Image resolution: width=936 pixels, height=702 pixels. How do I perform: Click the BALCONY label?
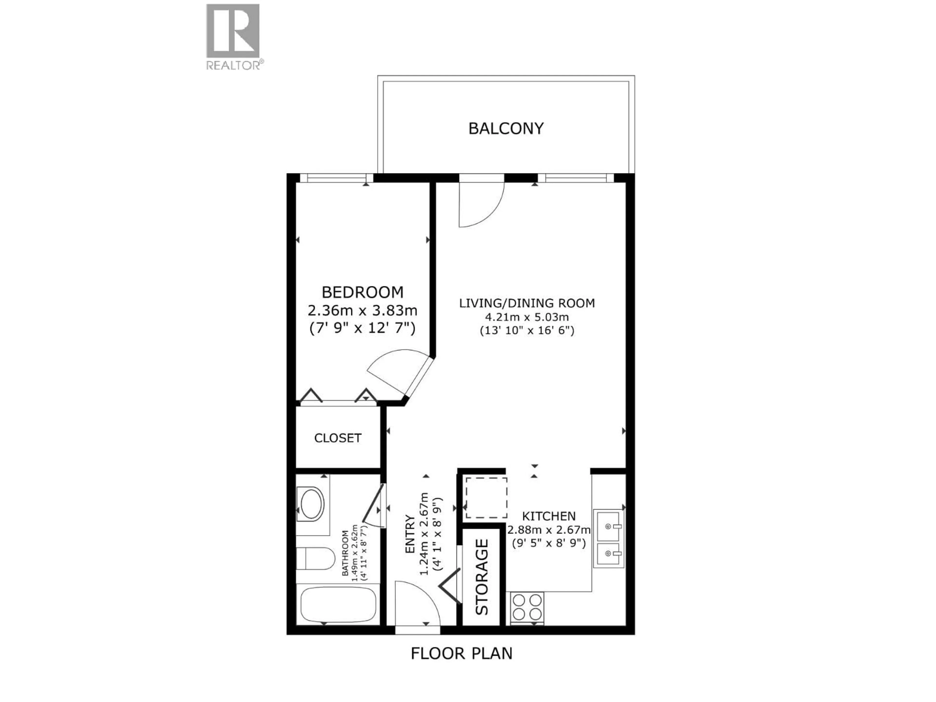point(506,128)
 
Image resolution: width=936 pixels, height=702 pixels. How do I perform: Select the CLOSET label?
point(338,438)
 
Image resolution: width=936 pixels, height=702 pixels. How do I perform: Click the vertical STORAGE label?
point(482,577)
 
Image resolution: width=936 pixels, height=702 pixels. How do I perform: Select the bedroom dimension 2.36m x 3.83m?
point(363,311)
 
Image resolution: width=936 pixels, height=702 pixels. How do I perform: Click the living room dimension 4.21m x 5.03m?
point(527,317)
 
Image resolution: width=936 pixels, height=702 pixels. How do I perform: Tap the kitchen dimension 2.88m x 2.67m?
point(549,530)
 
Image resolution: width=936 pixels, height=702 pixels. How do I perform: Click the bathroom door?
point(374,506)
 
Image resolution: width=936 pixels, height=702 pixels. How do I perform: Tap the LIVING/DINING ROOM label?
point(527,303)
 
